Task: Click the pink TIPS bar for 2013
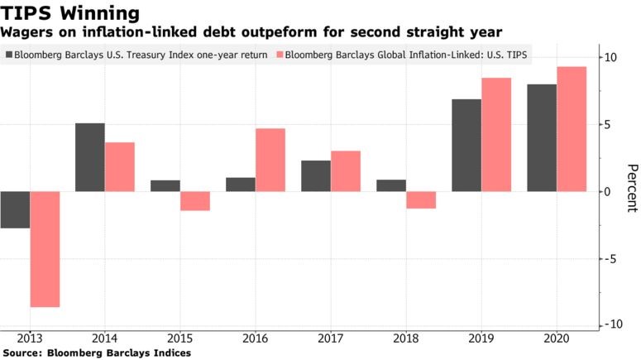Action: coord(45,249)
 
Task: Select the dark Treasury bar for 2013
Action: coord(15,209)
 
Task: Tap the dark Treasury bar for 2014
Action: coord(90,157)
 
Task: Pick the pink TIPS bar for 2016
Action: coord(270,160)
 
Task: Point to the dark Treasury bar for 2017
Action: coord(315,176)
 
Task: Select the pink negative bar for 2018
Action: coord(421,199)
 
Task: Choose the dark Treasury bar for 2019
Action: coord(466,146)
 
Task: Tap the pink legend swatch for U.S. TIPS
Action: coord(280,55)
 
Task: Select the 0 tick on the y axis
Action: coord(608,192)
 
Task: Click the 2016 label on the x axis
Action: coord(255,339)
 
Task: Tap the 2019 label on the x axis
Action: coord(481,339)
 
